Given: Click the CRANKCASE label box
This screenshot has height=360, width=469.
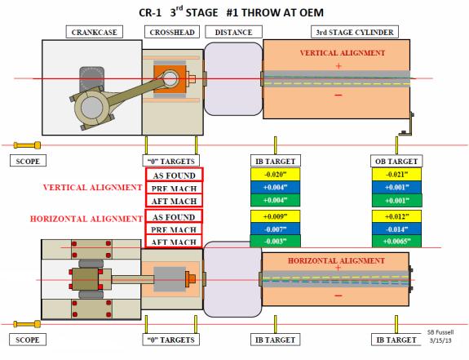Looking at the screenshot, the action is pos(95,32).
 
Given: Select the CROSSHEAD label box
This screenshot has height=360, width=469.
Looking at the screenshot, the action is pos(172,32).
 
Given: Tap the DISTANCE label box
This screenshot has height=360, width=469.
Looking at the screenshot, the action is pos(233,32).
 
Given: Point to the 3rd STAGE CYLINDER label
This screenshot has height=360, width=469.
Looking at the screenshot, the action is pos(355,32).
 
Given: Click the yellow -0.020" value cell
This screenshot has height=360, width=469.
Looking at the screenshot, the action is pos(275,175).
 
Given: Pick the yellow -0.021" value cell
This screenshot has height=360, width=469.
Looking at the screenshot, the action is pos(396,175).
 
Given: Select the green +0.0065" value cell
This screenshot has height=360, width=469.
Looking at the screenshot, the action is pos(396,241).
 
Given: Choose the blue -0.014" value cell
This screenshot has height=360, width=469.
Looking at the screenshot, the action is pos(396,229).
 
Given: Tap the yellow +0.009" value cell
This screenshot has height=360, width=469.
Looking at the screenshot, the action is pos(275,216).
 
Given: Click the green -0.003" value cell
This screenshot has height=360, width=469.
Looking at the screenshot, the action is pos(275,241).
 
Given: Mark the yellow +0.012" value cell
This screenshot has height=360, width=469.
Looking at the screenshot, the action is pos(396,216).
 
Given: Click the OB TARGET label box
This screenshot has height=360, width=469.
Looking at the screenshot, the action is pos(396,161).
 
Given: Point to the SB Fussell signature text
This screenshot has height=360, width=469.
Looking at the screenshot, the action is pos(440,332).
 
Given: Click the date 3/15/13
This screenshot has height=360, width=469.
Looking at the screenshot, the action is pos(440,340).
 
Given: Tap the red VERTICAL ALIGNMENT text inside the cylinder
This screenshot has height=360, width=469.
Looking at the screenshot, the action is pos(343,53).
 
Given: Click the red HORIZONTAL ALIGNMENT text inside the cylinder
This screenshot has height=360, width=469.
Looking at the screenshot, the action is pos(336,260).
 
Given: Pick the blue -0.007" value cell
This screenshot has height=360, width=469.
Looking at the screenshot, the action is pos(275,229).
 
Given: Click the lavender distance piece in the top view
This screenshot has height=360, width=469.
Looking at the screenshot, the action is pos(233,79).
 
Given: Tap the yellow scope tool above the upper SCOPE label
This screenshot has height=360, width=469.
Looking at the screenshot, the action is pos(27,145).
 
